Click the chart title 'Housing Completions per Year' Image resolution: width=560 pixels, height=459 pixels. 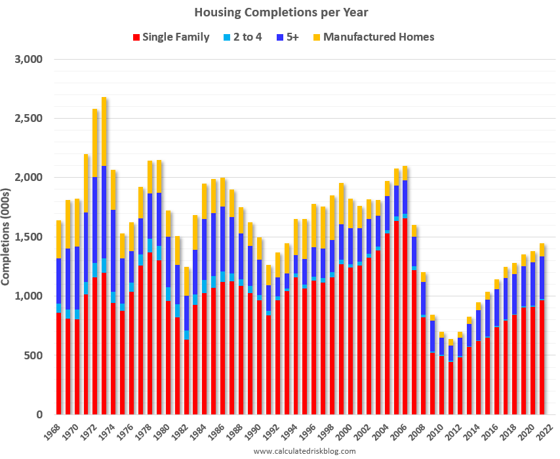pos(279,12)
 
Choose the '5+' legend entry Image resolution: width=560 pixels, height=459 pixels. pos(287,37)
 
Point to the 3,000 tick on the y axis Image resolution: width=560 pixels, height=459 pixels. pos(28,60)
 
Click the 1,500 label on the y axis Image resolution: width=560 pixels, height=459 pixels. pos(28,237)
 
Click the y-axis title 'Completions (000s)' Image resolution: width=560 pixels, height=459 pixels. pos(7,237)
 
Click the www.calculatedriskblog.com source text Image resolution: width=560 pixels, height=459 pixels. pos(304,451)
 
